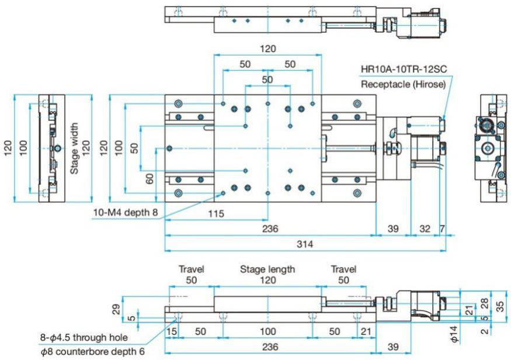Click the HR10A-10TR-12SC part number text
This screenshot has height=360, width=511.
pyautogui.click(x=404, y=69)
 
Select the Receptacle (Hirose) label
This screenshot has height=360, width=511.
pyautogui.click(x=404, y=84)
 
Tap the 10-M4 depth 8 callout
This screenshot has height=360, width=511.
pyautogui.click(x=125, y=212)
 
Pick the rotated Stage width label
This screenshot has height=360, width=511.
pyautogui.click(x=74, y=149)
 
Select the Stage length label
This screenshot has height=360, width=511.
pyautogui.click(x=267, y=269)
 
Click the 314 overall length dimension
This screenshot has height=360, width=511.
pyautogui.click(x=304, y=244)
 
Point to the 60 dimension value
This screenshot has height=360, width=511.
pyautogui.click(x=150, y=178)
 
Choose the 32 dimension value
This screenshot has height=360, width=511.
pyautogui.click(x=425, y=228)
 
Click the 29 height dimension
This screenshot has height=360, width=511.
pyautogui.click(x=116, y=308)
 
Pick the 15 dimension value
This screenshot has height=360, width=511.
pyautogui.click(x=171, y=331)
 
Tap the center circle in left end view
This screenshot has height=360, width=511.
pyautogui.click(x=57, y=148)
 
